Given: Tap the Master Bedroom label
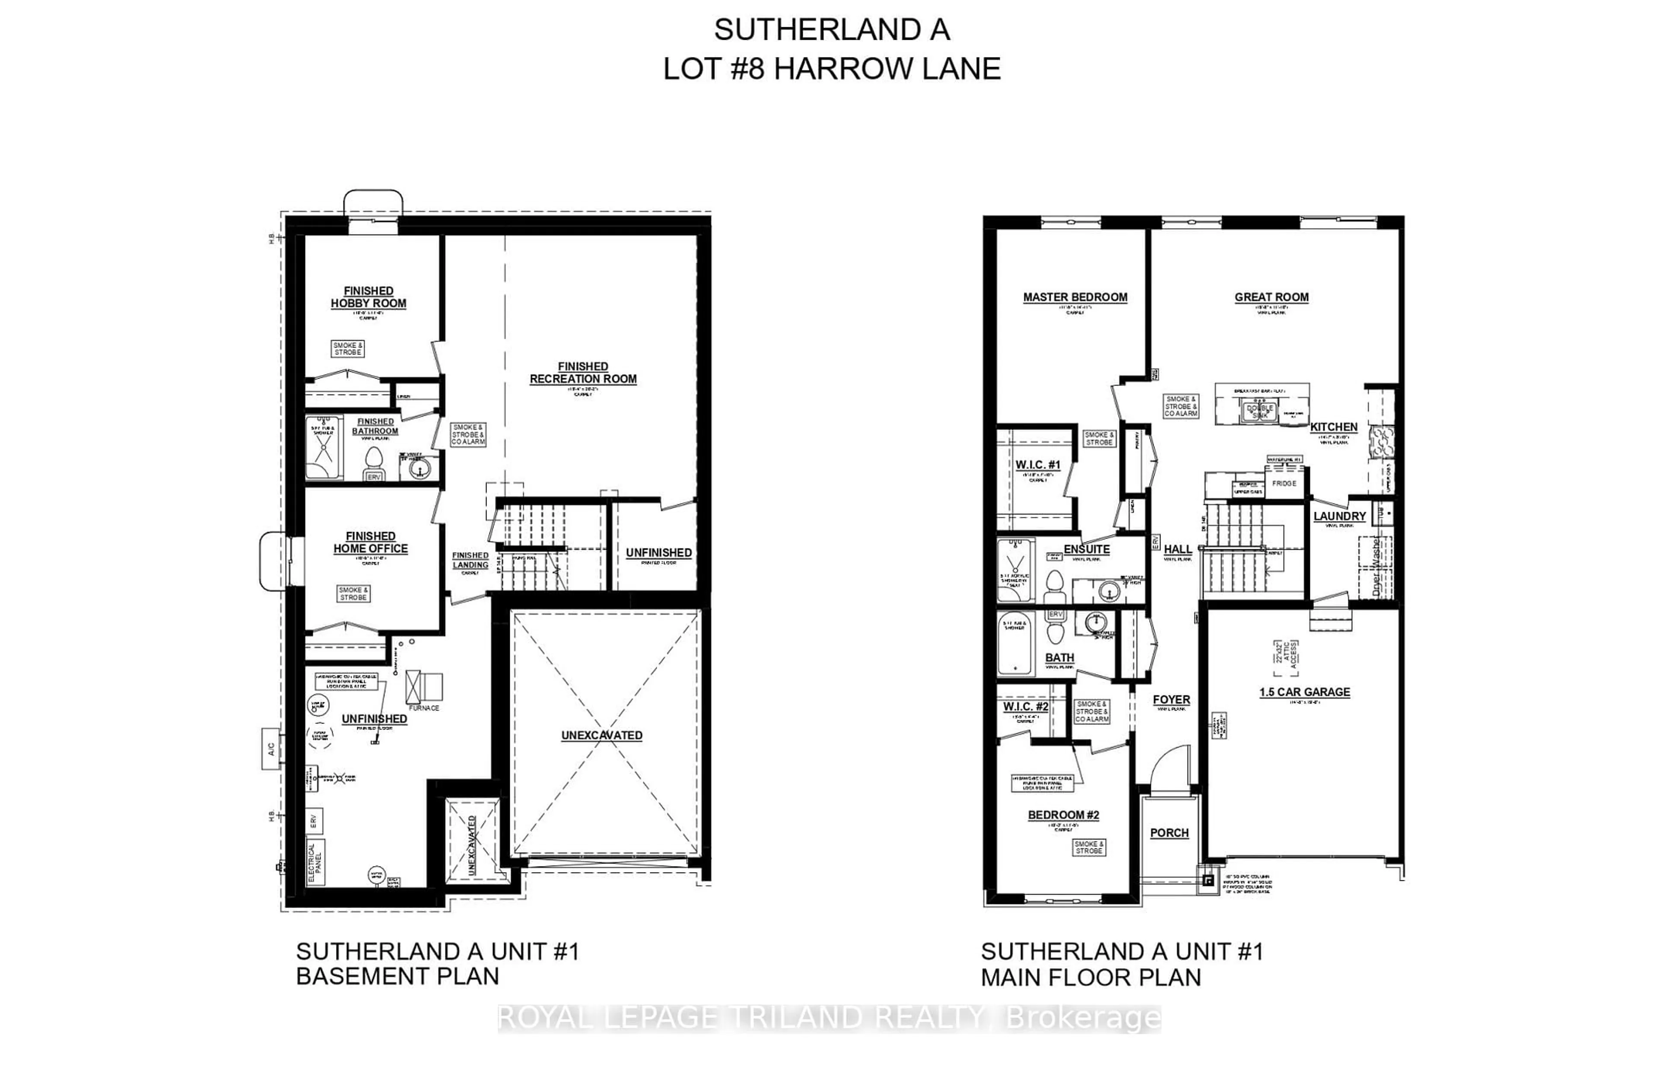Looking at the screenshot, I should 1075,297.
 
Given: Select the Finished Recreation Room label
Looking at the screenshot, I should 583,373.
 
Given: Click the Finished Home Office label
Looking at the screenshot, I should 370,542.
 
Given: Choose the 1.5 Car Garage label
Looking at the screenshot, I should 1304,692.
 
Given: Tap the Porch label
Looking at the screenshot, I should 1169,833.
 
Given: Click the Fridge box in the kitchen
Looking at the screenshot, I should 1284,483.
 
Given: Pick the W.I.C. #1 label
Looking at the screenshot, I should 1037,465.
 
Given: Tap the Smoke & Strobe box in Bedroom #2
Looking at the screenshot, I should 1088,848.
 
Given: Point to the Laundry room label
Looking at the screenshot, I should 1339,516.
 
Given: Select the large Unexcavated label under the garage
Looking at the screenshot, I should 601,736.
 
